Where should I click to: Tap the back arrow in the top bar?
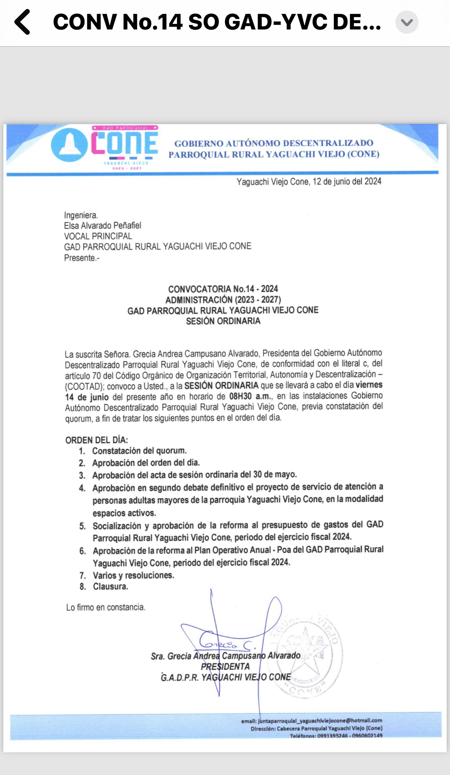click(22, 22)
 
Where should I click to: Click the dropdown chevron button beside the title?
click(407, 22)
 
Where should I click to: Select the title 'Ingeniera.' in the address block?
click(81, 215)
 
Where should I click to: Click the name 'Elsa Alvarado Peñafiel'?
click(102, 225)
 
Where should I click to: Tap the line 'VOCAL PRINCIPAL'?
click(98, 236)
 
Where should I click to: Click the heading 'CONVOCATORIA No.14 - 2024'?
click(223, 289)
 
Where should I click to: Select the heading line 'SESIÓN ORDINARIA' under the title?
click(223, 321)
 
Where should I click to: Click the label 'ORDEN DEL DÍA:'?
click(97, 440)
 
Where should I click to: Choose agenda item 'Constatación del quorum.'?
click(139, 451)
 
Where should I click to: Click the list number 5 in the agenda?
click(82, 526)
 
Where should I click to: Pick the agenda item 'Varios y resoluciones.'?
click(134, 575)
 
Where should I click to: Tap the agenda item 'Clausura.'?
click(110, 587)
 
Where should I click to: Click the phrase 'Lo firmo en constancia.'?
click(105, 607)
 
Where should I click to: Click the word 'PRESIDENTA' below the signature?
click(225, 667)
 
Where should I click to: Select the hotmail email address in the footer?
click(320, 721)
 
